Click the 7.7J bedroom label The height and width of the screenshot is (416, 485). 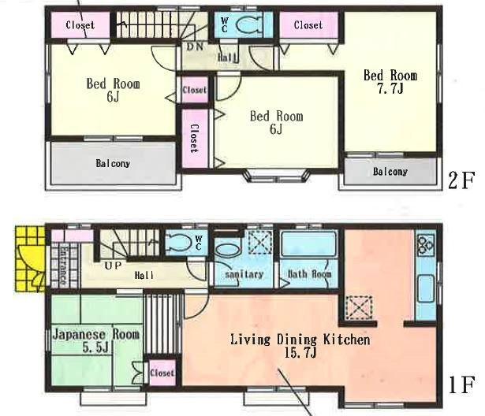[x=389, y=81]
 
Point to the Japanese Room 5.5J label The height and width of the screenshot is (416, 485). [x=95, y=340]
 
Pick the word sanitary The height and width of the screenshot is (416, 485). [x=243, y=275]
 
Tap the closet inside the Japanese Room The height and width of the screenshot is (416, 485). [x=161, y=372]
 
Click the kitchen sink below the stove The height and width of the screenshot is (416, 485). [x=424, y=284]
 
